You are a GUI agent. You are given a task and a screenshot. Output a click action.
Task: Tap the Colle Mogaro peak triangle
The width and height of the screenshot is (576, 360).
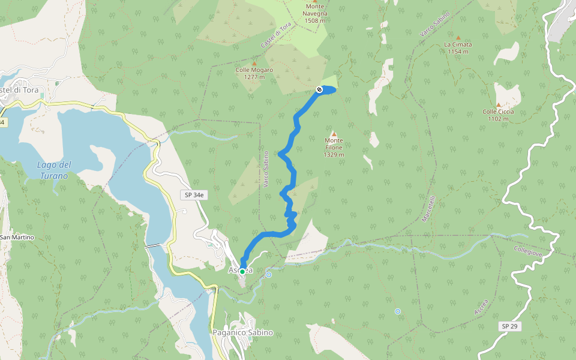[254, 64]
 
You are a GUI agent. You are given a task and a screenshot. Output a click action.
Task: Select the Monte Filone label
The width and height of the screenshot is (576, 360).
[334, 147]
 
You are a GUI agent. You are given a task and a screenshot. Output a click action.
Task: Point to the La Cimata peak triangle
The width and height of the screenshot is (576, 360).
[458, 37]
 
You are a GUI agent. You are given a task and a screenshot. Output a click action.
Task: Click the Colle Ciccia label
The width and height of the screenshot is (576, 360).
[498, 115]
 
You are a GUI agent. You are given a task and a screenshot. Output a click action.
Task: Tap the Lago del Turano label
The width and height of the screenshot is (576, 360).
[54, 170]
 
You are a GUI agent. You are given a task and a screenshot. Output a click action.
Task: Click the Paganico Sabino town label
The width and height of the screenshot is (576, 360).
[243, 332]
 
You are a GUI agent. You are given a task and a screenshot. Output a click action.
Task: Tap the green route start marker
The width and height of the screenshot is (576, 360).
[242, 272]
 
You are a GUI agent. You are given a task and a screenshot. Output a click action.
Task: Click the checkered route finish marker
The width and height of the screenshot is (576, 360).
[319, 89]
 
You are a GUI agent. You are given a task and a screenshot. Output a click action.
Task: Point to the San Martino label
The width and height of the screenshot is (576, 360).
[17, 238]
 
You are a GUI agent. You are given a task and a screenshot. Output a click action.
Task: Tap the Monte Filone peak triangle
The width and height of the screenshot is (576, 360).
[334, 133]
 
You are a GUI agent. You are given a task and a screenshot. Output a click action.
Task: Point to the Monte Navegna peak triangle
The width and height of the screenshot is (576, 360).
[314, 1]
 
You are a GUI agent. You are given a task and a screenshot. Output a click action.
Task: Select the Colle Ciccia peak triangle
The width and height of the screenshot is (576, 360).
[498, 104]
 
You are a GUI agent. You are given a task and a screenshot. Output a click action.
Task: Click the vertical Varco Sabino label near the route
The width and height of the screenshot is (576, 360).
[266, 170]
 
